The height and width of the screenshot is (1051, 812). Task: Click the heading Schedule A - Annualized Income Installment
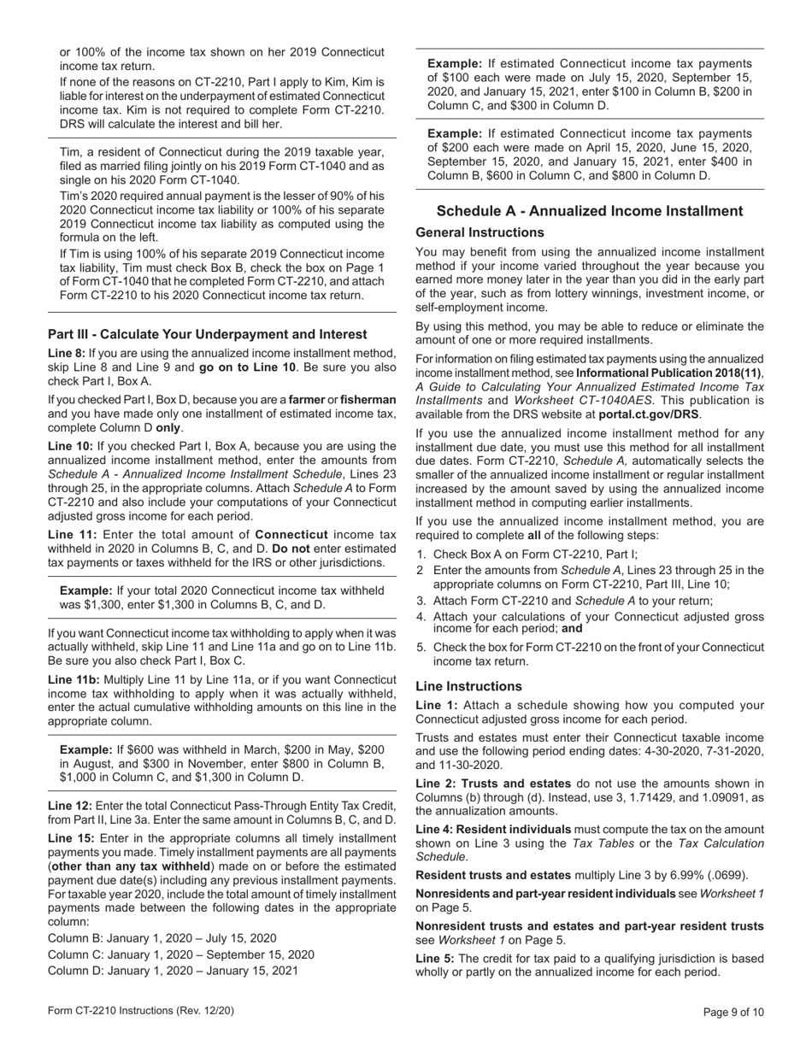click(590, 211)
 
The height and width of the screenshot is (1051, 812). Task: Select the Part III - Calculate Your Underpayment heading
click(208, 334)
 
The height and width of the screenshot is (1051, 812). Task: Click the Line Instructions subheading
click(468, 686)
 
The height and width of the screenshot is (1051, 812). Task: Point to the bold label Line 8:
click(67, 353)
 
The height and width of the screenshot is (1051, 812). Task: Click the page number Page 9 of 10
click(733, 1013)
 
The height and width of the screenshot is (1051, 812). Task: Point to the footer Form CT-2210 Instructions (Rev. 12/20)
click(141, 1011)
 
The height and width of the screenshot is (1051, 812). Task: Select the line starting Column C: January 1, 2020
click(180, 954)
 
